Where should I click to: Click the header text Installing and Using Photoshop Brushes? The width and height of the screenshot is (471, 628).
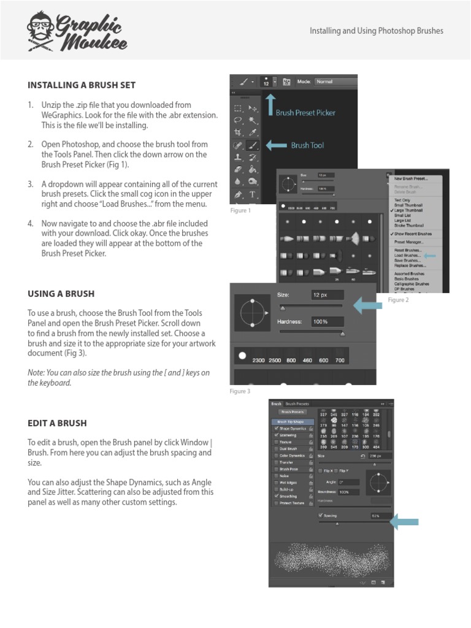[376, 31]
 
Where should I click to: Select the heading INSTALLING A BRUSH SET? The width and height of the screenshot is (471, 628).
[81, 85]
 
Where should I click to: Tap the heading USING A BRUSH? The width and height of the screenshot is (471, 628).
[61, 294]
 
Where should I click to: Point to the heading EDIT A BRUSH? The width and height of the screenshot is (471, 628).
[57, 423]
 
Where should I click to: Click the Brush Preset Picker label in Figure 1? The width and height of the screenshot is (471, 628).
[305, 113]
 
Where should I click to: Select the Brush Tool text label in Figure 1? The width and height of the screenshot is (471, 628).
[307, 145]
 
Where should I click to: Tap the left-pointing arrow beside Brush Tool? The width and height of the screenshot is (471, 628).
[276, 145]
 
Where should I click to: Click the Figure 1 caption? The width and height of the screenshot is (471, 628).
[240, 210]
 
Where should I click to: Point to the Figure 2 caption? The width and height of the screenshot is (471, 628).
[398, 300]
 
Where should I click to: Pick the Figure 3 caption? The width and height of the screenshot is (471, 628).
[240, 391]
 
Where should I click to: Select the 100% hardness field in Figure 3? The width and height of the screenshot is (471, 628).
[327, 321]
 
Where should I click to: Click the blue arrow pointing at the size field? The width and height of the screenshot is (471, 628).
[367, 303]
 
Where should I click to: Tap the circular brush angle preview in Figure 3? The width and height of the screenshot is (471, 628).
[251, 313]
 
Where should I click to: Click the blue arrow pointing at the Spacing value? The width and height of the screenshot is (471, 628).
[404, 522]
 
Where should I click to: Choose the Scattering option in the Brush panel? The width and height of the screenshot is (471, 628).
[288, 435]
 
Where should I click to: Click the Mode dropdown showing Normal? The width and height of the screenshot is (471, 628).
[334, 82]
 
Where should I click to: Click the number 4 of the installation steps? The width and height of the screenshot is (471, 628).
[30, 223]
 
